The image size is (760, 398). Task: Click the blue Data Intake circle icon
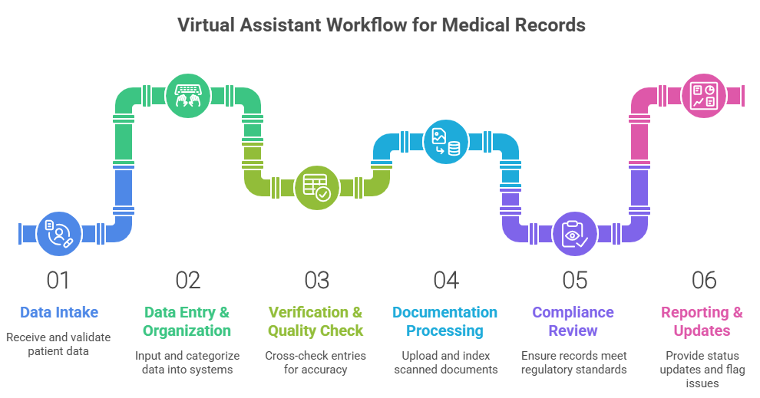click(59, 233)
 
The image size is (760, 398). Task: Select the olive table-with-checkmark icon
click(316, 188)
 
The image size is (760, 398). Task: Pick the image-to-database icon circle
click(446, 142)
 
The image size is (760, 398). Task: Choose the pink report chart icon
click(703, 97)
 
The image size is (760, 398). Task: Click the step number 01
click(58, 280)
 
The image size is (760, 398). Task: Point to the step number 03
click(316, 280)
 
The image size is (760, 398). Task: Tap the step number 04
click(445, 280)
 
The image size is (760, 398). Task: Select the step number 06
click(703, 280)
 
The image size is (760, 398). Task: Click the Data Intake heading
click(59, 312)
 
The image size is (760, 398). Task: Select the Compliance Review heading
click(573, 321)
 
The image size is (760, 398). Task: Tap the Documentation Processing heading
click(445, 321)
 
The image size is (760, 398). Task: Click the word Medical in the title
click(481, 25)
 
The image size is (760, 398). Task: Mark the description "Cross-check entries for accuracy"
click(316, 363)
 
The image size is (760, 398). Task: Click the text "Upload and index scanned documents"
click(445, 363)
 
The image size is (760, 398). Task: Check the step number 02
click(187, 280)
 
